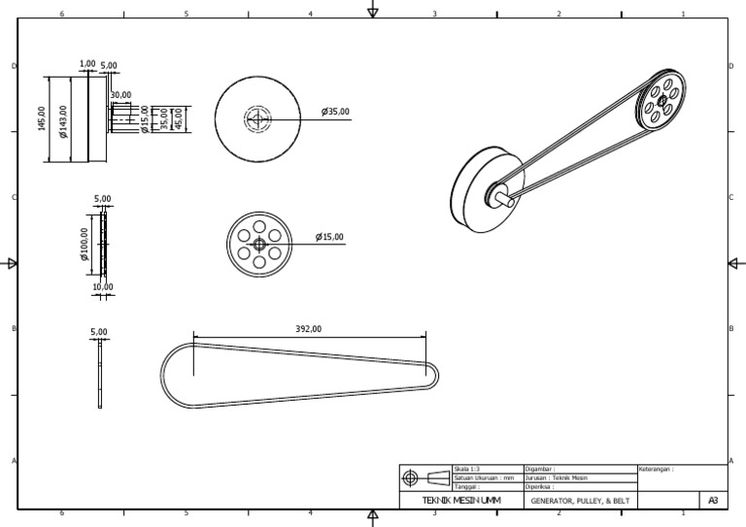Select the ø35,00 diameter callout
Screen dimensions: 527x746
pyautogui.click(x=335, y=112)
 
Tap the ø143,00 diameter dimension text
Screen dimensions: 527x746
pyautogui.click(x=64, y=121)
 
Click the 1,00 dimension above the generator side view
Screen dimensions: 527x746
pyautogui.click(x=87, y=63)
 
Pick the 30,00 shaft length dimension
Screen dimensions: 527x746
pyautogui.click(x=120, y=95)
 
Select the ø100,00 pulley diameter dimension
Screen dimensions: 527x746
pyautogui.click(x=85, y=245)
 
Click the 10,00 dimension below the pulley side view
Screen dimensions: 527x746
pyautogui.click(x=102, y=287)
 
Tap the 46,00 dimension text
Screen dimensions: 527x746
pyautogui.click(x=178, y=118)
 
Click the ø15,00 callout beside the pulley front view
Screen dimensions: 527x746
pyautogui.click(x=329, y=237)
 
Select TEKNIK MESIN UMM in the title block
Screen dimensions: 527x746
pyautogui.click(x=461, y=501)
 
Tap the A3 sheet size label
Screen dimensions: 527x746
pyautogui.click(x=713, y=501)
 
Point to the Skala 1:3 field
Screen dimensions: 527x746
pyautogui.click(x=468, y=469)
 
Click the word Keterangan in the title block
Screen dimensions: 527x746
pyautogui.click(x=656, y=469)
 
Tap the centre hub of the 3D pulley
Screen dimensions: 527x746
pyautogui.click(x=661, y=100)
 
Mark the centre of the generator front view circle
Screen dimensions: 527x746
pyautogui.click(x=257, y=119)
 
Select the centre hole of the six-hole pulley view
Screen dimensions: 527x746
pyautogui.click(x=259, y=245)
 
